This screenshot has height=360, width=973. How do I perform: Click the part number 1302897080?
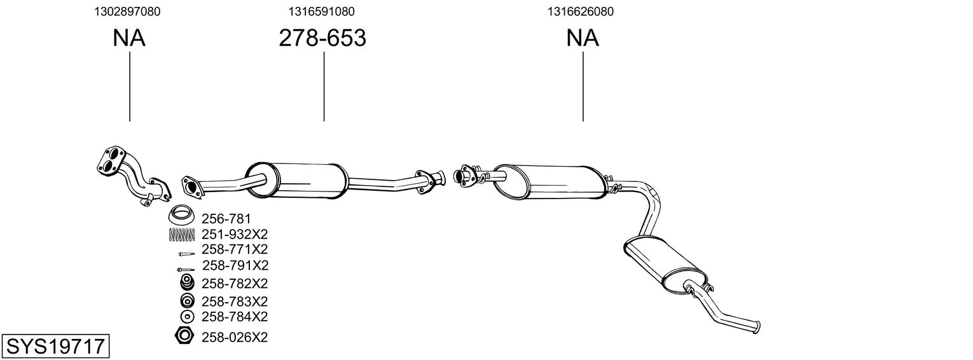127,11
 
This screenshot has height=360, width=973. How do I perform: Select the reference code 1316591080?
321,11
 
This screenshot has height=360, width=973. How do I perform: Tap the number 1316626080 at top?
581,11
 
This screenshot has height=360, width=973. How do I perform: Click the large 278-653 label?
322,38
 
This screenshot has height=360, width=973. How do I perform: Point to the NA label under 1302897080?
129,38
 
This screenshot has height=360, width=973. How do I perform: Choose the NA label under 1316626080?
583,38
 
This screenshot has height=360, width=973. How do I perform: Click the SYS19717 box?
55,346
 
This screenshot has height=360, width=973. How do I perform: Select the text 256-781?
226,218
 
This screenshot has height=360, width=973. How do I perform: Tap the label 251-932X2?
235,234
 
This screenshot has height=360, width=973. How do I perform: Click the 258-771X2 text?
235,249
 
